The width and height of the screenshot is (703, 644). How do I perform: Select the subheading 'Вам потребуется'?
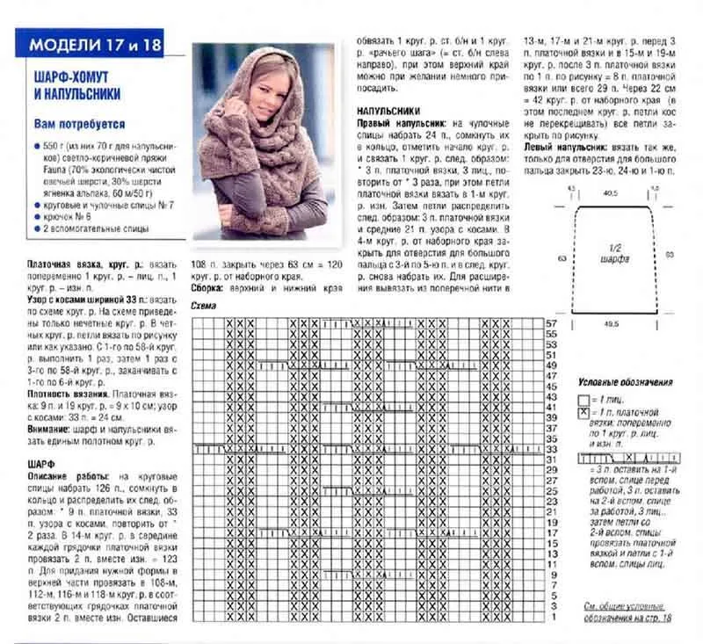[x=79, y=125]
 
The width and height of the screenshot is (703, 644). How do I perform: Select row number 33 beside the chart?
[x=551, y=448]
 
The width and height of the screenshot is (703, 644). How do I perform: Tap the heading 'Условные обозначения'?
[x=627, y=383]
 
